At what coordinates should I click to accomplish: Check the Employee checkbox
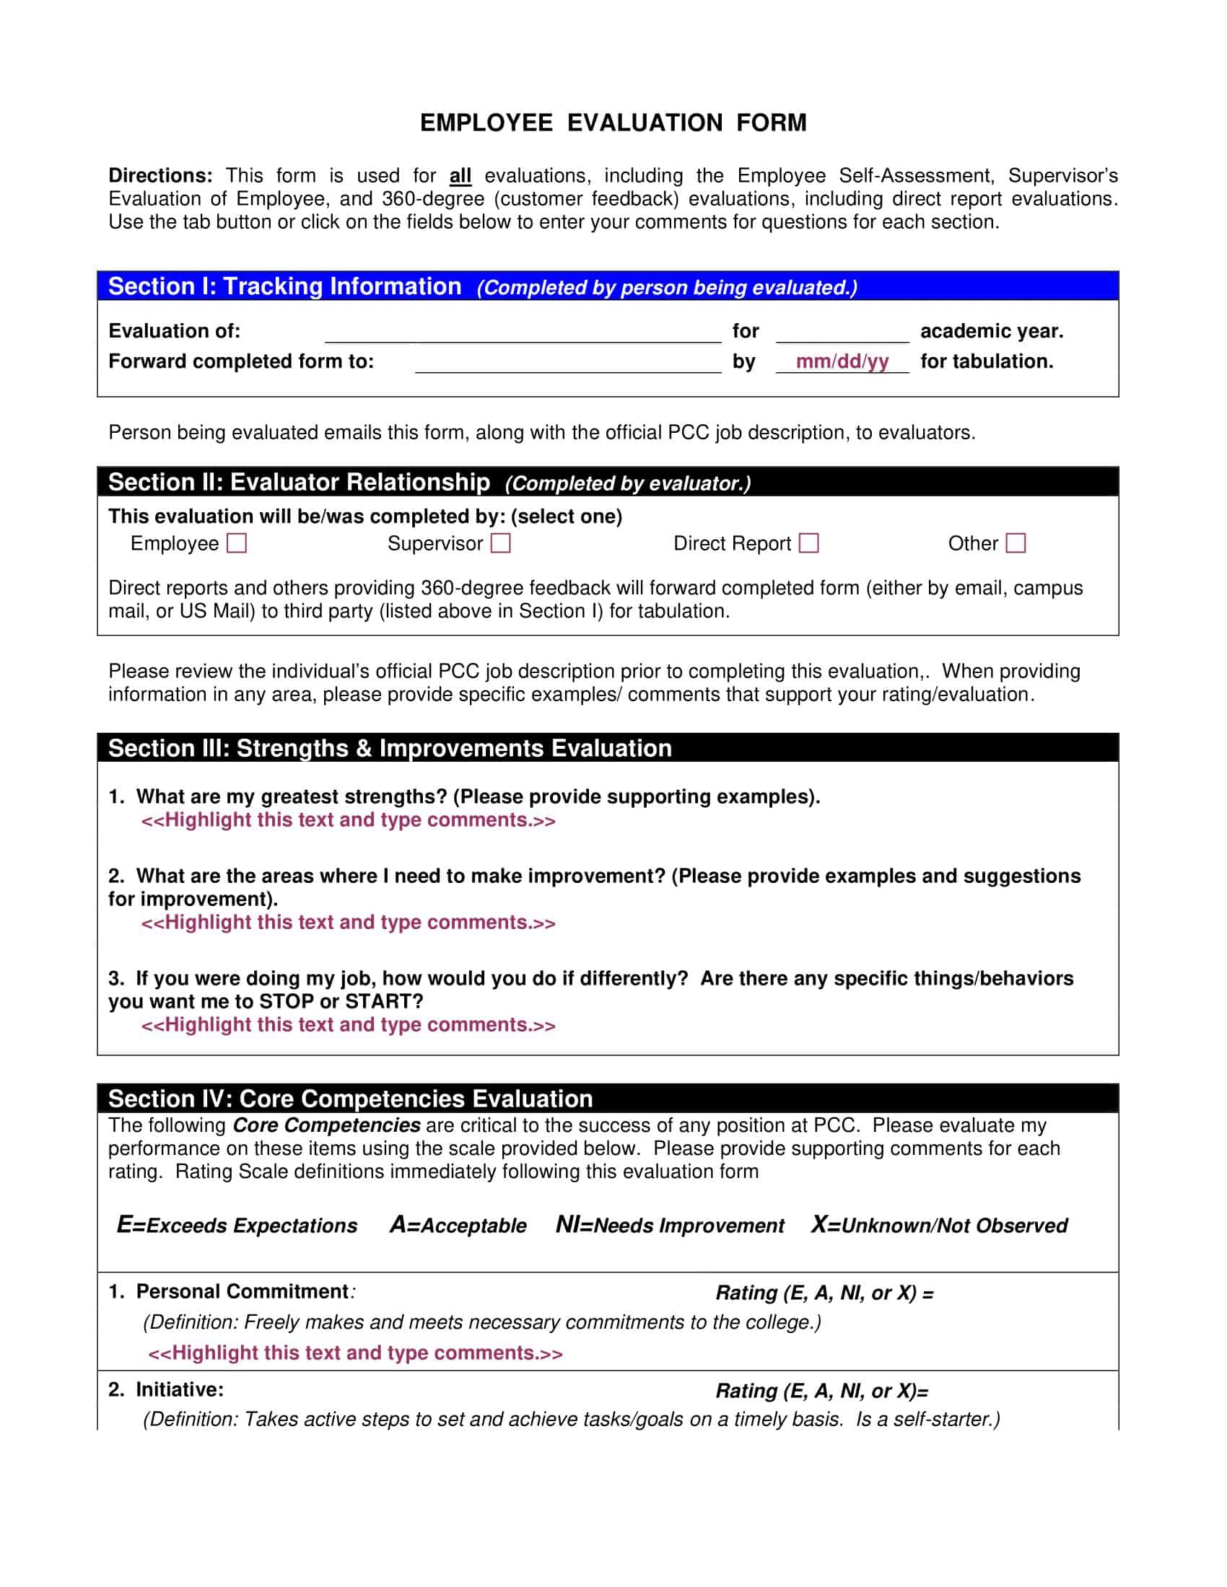click(x=237, y=543)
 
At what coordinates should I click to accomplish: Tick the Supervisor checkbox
click(x=501, y=543)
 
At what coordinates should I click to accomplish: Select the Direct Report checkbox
click(x=809, y=543)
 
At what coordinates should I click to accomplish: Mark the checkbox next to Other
click(x=1016, y=543)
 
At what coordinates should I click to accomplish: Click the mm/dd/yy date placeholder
click(x=842, y=362)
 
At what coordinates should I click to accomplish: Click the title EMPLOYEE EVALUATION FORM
click(x=613, y=123)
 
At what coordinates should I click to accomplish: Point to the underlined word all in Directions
click(x=460, y=176)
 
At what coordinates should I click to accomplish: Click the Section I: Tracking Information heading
click(x=285, y=286)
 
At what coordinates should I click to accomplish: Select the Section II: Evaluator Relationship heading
click(x=299, y=483)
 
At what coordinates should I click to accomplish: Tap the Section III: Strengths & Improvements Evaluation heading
click(x=390, y=749)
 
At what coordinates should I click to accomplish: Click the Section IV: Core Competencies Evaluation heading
click(x=350, y=1099)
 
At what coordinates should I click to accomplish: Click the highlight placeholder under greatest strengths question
click(x=348, y=820)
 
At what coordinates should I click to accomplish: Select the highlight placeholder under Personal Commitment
click(x=354, y=1353)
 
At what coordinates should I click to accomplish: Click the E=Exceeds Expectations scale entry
click(x=237, y=1225)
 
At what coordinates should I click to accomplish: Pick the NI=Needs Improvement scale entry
click(x=670, y=1225)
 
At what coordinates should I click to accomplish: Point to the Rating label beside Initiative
click(x=821, y=1391)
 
